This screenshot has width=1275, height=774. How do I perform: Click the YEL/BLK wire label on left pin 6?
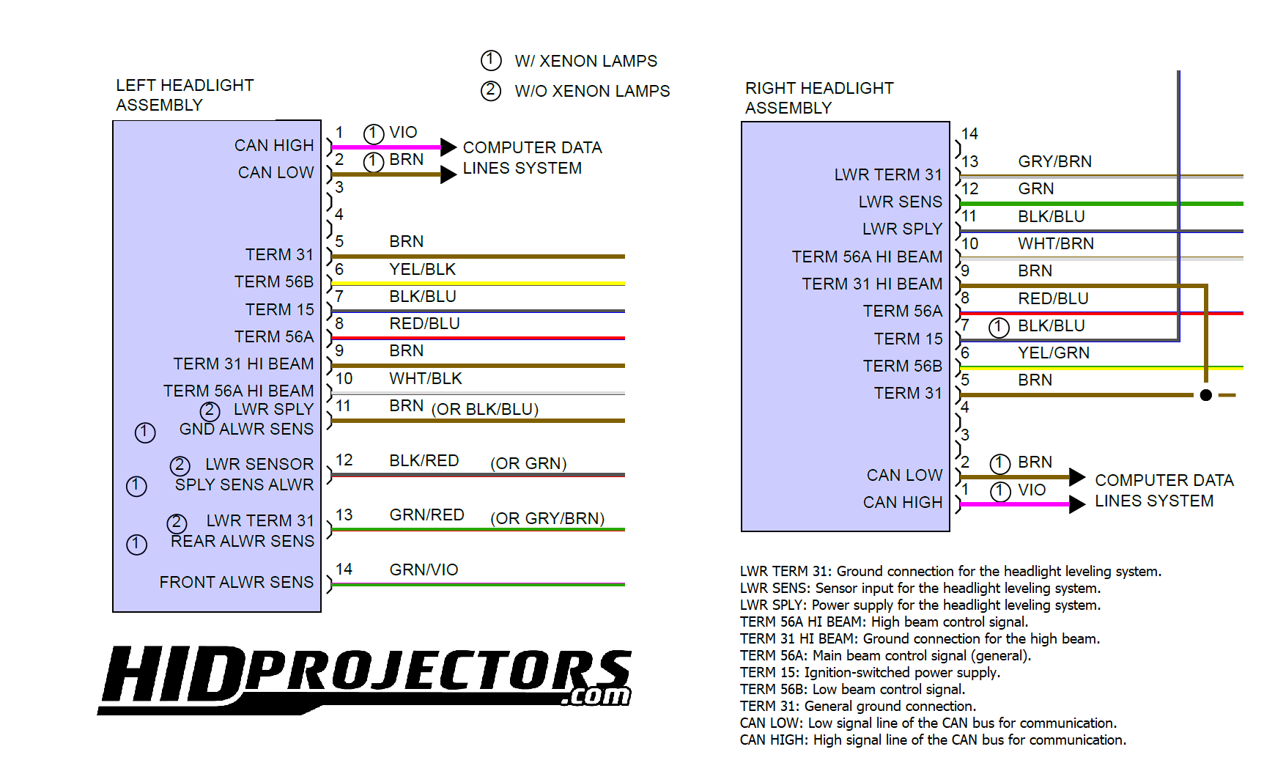tap(422, 269)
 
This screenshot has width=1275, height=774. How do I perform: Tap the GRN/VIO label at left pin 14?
tap(424, 570)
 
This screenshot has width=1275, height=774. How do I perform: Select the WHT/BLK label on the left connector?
tap(426, 378)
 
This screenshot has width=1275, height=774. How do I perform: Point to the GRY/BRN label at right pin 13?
tap(1055, 161)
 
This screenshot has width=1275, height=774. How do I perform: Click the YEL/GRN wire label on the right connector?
tap(1054, 353)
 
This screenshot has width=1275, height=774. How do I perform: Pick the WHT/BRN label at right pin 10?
tap(1056, 243)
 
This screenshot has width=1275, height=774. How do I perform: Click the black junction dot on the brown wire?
tap(1206, 395)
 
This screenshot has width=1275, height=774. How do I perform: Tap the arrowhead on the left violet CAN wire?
tap(448, 147)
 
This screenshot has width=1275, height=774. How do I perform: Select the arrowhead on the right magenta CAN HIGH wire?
tap(1077, 504)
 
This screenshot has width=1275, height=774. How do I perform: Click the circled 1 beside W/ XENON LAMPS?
tap(491, 60)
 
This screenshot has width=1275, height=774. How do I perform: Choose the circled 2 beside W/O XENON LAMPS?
tap(491, 90)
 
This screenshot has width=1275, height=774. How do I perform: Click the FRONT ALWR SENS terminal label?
tap(237, 582)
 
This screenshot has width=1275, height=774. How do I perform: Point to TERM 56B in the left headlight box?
tap(274, 281)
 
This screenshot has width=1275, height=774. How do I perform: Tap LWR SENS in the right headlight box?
tap(901, 202)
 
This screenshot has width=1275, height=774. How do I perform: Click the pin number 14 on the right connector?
tap(969, 133)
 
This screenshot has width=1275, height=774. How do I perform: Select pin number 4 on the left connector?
tap(339, 214)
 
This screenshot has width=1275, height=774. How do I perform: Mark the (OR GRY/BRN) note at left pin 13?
tap(547, 518)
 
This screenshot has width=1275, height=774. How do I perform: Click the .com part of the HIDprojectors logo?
tap(596, 696)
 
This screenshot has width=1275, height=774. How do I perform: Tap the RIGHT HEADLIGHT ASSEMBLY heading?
tap(819, 98)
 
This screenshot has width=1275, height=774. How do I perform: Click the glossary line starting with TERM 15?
tap(870, 672)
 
